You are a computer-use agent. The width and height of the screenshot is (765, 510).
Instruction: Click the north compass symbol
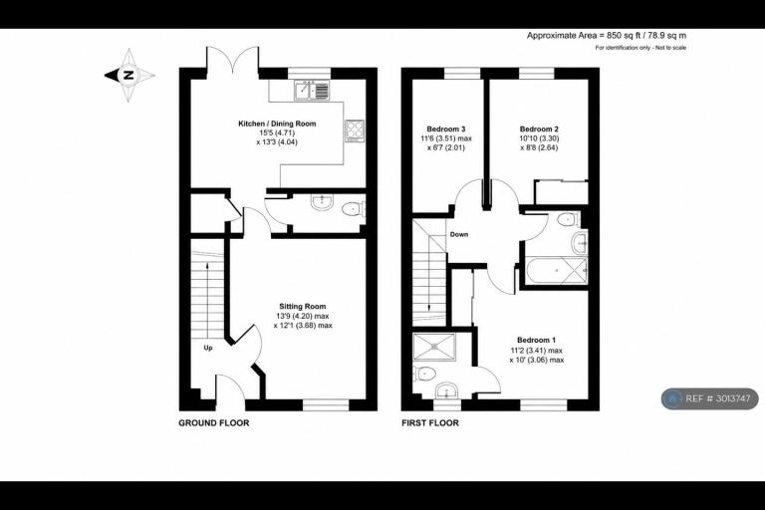129,75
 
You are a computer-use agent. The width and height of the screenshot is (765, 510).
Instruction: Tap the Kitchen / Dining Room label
277,124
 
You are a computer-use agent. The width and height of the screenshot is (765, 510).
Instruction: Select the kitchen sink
312,91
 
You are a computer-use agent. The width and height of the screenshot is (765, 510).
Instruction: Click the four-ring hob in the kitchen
355,130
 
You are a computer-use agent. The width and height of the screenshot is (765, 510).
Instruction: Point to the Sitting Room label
303,307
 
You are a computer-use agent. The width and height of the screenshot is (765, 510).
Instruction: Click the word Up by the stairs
208,348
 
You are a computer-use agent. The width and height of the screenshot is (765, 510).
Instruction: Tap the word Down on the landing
458,234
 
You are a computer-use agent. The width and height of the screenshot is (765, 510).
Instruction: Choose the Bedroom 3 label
446,128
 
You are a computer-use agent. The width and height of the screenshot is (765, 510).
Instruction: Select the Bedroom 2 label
539,128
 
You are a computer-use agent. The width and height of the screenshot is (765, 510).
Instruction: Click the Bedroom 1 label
536,340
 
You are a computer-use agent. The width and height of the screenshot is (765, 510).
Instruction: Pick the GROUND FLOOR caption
214,423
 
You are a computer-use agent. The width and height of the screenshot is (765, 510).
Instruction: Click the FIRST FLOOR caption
430,423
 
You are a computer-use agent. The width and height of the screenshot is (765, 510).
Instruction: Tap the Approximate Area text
607,35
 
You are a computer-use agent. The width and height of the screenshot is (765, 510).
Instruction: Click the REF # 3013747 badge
710,398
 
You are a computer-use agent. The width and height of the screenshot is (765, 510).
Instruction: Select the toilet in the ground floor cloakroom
354,210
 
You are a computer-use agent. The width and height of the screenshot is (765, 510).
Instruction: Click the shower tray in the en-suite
433,347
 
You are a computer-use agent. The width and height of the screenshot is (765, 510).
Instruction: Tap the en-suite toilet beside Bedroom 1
424,374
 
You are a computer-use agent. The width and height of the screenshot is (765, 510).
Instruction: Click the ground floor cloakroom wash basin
322,201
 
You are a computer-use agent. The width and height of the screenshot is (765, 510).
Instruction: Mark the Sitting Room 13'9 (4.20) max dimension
303,316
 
